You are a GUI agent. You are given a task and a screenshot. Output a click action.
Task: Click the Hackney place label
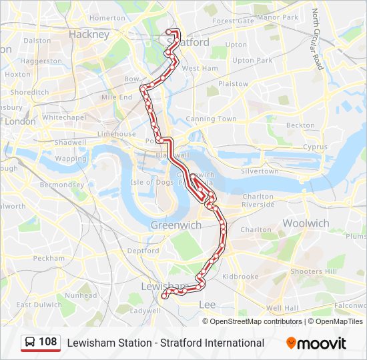89,34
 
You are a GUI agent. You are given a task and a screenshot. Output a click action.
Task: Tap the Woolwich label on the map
306,223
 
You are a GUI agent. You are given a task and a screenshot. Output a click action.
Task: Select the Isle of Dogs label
151,182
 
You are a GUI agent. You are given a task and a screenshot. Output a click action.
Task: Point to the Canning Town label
211,119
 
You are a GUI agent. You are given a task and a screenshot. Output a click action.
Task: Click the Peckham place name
49,258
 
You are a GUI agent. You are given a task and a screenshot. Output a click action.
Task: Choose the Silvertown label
260,171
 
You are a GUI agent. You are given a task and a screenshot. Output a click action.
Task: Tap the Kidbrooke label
240,276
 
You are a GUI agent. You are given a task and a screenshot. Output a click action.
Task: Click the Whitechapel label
64,117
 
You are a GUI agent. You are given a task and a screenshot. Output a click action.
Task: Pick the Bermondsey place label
61,185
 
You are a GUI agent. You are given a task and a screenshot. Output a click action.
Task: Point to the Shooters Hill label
314,271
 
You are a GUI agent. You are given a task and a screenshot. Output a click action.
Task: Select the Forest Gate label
233,21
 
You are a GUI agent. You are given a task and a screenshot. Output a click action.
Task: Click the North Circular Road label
318,39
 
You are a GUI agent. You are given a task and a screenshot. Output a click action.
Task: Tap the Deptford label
143,251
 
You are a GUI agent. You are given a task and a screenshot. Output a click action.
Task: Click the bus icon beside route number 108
30,343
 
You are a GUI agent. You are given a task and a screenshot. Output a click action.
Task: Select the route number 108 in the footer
48,343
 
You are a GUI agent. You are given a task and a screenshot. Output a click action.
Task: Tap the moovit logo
316,343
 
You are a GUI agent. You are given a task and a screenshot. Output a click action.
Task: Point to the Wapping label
71,159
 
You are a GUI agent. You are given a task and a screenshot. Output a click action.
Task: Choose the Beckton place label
300,125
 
